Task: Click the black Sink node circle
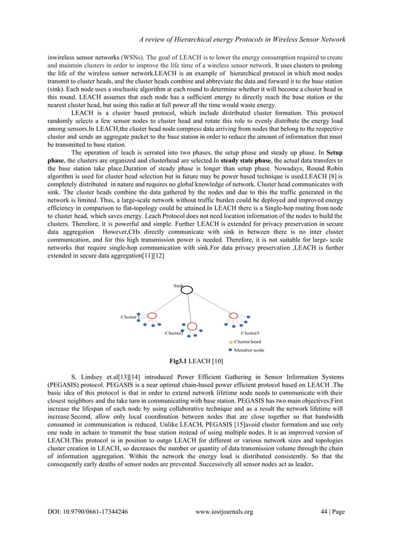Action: pyautogui.click(x=187, y=290)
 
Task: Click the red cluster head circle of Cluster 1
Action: pyautogui.click(x=151, y=316)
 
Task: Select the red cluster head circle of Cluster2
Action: pyautogui.click(x=192, y=326)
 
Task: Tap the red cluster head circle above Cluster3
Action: pyautogui.click(x=233, y=316)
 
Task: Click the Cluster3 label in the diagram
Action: pyautogui.click(x=249, y=333)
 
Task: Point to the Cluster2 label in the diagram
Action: pyautogui.click(x=174, y=333)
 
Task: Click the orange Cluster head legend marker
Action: pyautogui.click(x=231, y=341)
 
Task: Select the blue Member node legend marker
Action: pyautogui.click(x=231, y=350)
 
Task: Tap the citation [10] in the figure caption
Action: pyautogui.click(x=217, y=361)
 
